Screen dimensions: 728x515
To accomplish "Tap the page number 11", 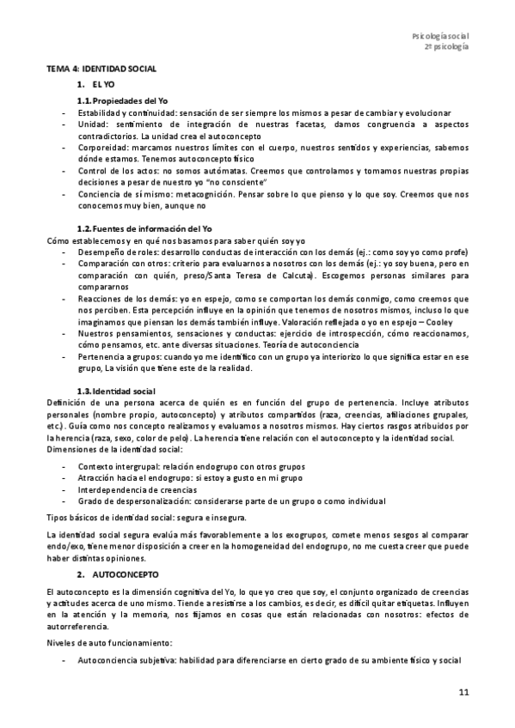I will click(x=463, y=692).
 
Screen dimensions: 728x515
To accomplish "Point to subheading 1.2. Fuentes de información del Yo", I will click(x=144, y=227).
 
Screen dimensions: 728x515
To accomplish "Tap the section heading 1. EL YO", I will click(x=95, y=83).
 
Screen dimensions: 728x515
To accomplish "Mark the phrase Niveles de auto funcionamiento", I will click(x=104, y=642).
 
